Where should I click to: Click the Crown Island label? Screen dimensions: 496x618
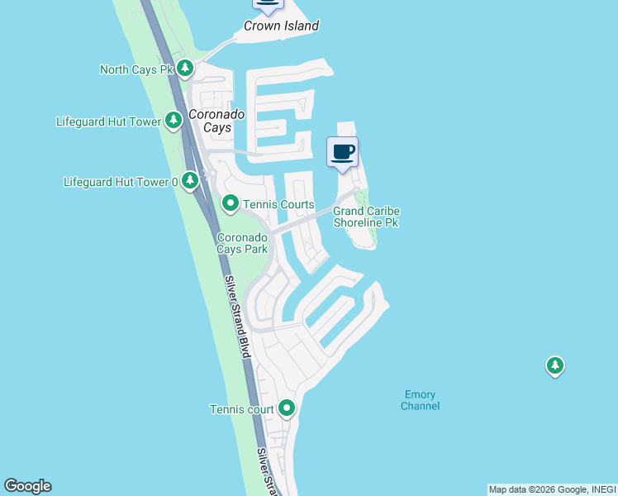(x=281, y=26)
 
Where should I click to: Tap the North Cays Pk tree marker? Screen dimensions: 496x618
(x=187, y=68)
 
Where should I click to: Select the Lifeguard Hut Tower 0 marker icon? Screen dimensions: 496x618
(x=190, y=179)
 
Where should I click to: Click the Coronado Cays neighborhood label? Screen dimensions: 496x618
(x=216, y=121)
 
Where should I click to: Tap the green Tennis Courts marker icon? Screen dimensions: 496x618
(x=231, y=203)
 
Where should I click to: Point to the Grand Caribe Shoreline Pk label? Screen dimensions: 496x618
(x=366, y=217)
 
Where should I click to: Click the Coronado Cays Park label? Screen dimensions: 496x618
(x=242, y=241)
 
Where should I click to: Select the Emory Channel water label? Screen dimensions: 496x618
(x=420, y=400)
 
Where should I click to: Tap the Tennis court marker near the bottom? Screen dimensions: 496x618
(x=287, y=408)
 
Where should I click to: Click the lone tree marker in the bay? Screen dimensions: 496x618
(x=554, y=365)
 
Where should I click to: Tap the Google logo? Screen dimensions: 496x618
(x=27, y=486)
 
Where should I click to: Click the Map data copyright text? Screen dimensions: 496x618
(x=551, y=489)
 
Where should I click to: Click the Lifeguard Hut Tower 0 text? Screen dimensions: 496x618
(x=121, y=181)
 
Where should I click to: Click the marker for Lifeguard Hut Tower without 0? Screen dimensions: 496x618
(x=174, y=121)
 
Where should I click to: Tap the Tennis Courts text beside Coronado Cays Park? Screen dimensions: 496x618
(x=278, y=204)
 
